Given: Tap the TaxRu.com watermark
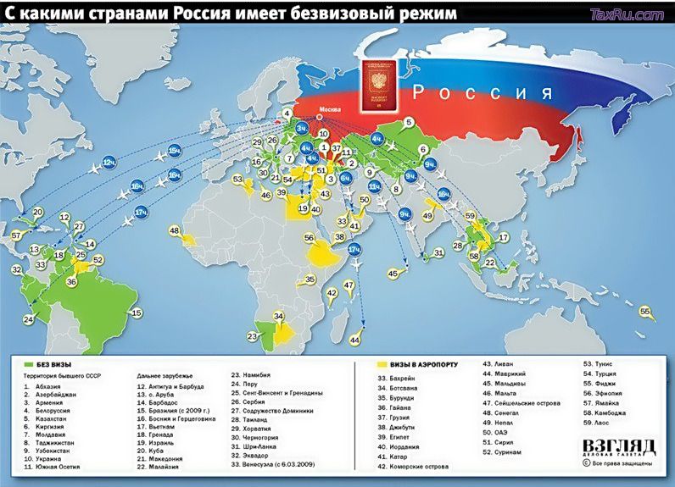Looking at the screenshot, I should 626,14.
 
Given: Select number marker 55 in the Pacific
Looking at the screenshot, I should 646,312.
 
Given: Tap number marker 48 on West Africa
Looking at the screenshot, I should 175,230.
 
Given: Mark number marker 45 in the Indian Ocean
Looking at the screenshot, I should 393,274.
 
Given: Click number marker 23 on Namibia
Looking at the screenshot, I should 251,336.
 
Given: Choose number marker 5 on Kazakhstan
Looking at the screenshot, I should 408,122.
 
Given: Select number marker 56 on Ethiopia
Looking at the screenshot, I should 310,238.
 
